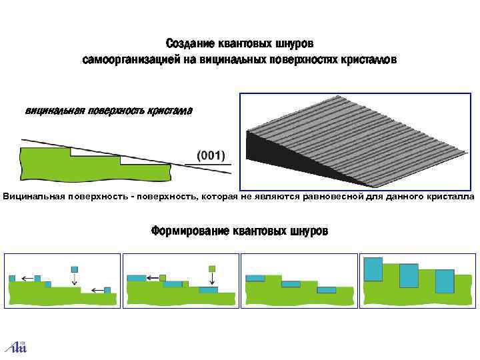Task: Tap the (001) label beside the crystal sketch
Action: coord(210,155)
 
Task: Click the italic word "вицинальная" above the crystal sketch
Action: coord(54,111)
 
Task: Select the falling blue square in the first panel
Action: coord(75,269)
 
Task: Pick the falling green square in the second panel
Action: coord(213,269)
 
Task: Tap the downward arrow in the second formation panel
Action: coord(213,281)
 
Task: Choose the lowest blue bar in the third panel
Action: coord(327,290)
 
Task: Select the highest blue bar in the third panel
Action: coord(255,278)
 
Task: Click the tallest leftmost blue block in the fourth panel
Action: coord(373,269)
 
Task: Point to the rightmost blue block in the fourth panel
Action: coord(444,281)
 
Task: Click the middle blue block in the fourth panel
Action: coord(409,275)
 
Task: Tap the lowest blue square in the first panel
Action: coord(107,291)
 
